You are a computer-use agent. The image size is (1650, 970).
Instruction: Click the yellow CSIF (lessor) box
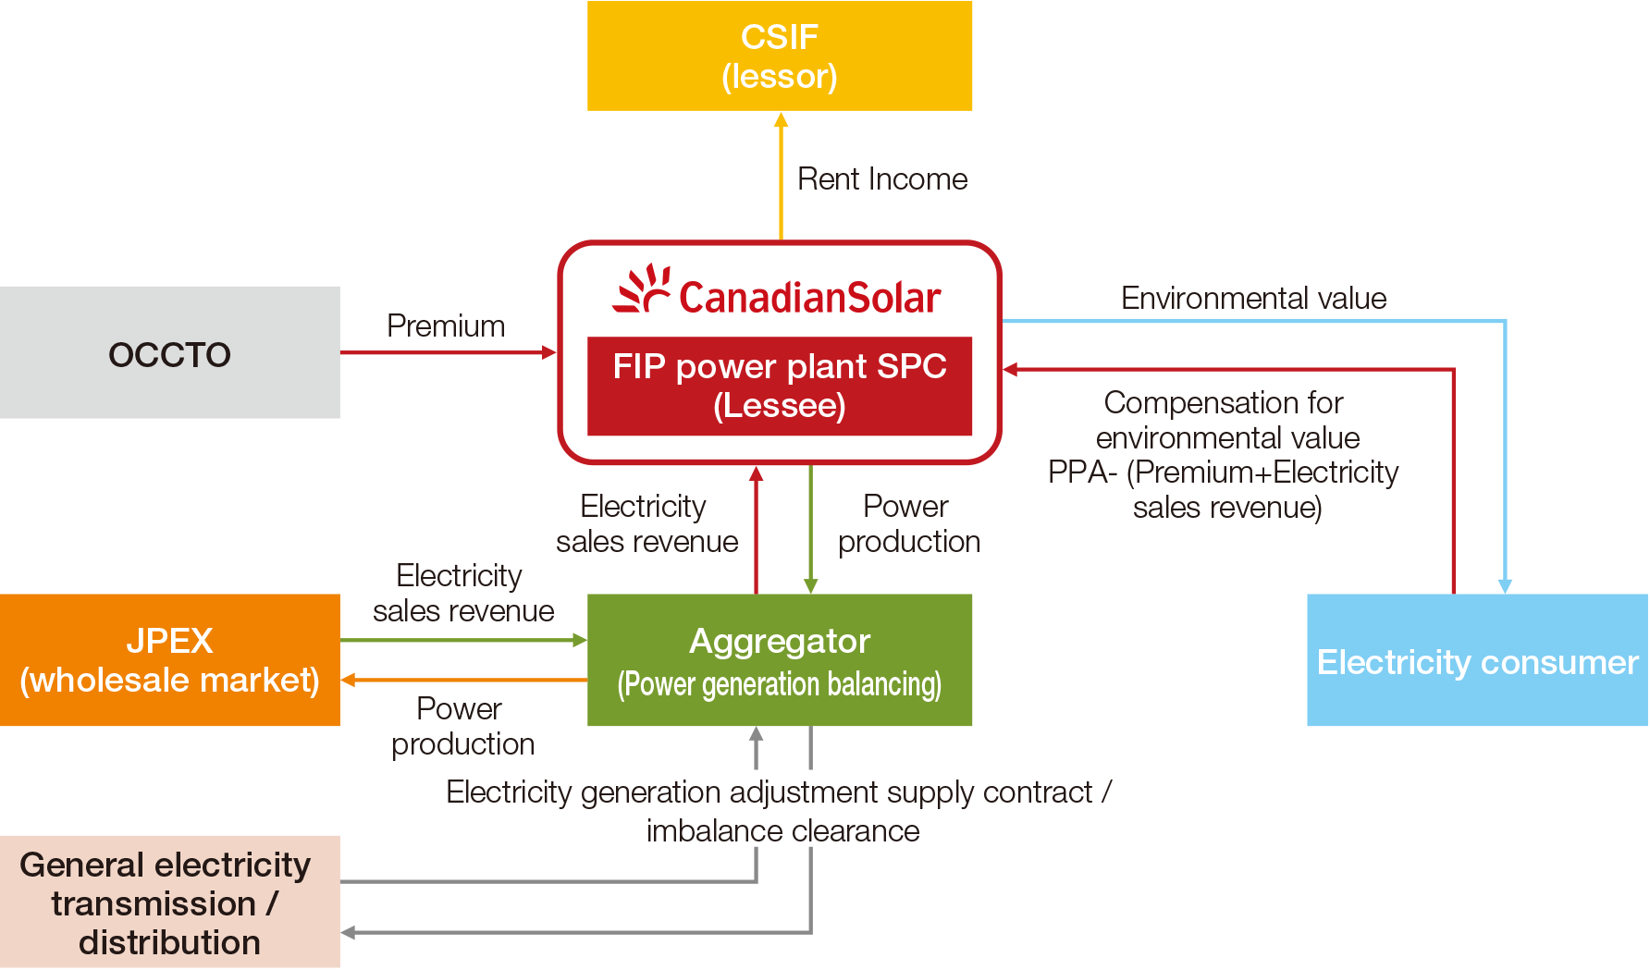point(780,55)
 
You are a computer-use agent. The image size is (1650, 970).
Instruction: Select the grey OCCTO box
point(170,352)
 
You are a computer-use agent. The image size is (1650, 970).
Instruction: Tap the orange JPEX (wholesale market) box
point(170,660)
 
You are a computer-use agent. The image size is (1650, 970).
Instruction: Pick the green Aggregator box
point(780,660)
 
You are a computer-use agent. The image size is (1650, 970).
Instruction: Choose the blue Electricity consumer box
point(1477,660)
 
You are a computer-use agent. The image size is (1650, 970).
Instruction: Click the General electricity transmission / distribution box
point(170,902)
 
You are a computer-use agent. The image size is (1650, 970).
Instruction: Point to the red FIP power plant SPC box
point(780,386)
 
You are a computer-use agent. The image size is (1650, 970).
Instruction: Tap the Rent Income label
point(882,178)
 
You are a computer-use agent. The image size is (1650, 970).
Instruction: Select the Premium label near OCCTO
point(446,325)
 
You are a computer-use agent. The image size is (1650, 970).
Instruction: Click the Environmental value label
point(1253,298)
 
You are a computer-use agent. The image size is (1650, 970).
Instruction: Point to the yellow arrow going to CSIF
point(781,176)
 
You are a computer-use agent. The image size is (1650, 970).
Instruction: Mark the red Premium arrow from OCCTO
point(449,352)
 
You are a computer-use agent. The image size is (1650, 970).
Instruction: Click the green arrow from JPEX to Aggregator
point(462,640)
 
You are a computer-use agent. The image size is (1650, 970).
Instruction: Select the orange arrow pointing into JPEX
point(462,681)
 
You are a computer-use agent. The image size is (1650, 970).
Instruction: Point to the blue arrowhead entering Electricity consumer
point(1505,585)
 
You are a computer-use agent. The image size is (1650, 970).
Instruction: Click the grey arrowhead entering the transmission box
point(349,933)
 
